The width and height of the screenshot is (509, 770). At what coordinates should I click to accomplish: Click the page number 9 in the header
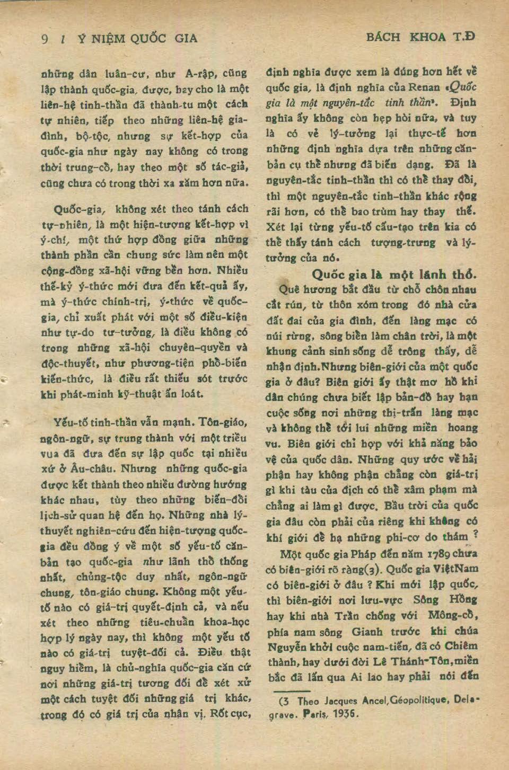click(x=45, y=39)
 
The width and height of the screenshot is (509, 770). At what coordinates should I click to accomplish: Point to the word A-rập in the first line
click(x=200, y=74)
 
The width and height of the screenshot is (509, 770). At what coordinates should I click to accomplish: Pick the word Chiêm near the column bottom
click(x=460, y=647)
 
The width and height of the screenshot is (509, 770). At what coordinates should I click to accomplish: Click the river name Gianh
click(x=366, y=631)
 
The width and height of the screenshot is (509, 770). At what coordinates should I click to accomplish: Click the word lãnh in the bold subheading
click(x=433, y=275)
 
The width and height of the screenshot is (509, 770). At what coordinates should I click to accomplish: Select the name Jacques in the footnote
click(x=339, y=701)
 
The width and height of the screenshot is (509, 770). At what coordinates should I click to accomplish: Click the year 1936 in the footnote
click(x=346, y=713)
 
